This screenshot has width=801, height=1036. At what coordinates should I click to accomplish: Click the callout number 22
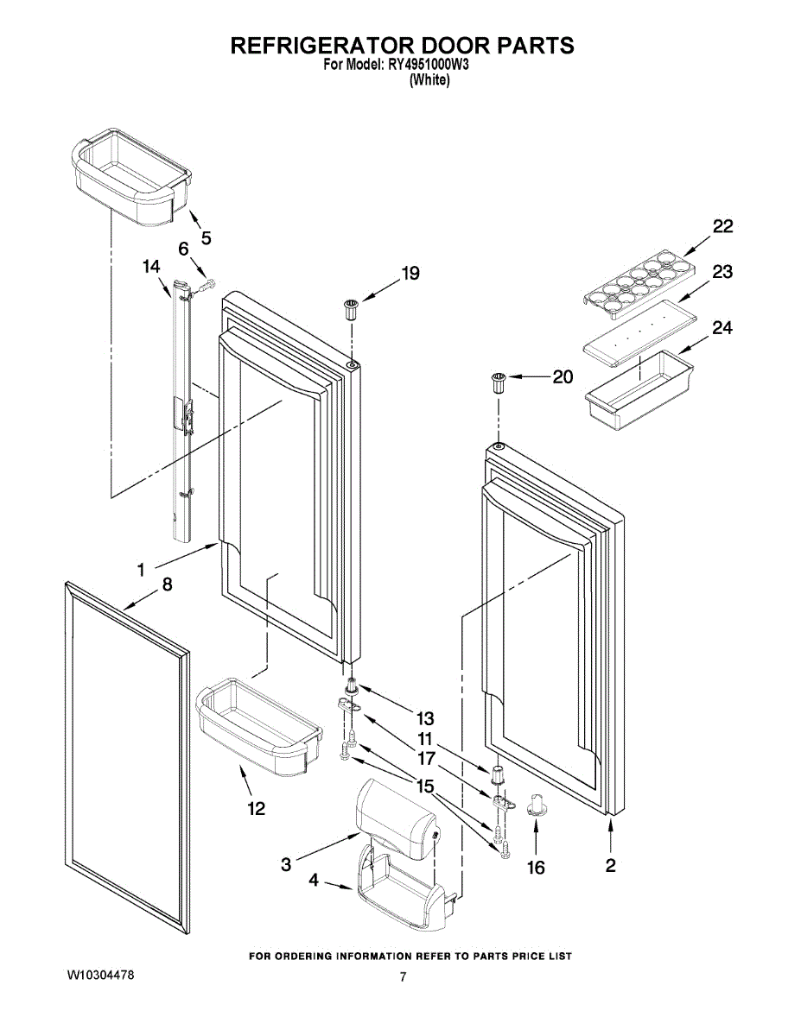(x=722, y=226)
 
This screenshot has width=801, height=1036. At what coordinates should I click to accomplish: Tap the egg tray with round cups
(x=639, y=276)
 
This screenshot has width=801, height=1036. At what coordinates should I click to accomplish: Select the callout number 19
(x=410, y=274)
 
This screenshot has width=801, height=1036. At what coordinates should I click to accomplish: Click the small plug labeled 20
(x=499, y=382)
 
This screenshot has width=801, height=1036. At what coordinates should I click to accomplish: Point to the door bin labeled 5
(x=127, y=178)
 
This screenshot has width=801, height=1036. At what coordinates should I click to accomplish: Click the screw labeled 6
(x=205, y=284)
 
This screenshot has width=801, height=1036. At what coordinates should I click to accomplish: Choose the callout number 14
(x=151, y=268)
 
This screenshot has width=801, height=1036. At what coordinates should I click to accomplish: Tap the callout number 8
(x=167, y=584)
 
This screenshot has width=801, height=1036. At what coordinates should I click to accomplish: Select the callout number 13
(x=425, y=717)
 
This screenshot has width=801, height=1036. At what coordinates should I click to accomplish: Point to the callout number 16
(x=537, y=867)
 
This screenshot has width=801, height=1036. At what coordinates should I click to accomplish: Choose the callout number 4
(x=314, y=881)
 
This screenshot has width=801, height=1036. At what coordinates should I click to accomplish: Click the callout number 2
(x=610, y=866)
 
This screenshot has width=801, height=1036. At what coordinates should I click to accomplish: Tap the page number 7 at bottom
(x=402, y=977)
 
